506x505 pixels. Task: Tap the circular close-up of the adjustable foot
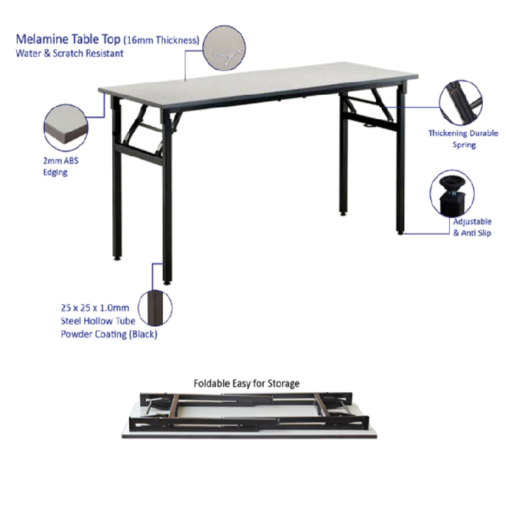click(x=452, y=191)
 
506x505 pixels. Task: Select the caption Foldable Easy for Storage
click(x=246, y=384)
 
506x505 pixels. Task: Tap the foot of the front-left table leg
click(x=167, y=280)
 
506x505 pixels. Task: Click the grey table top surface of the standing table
click(x=253, y=79)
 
